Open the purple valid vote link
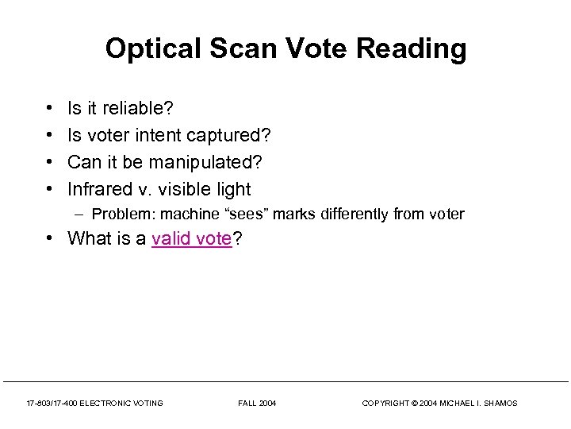191,238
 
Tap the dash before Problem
82,214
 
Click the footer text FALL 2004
257,404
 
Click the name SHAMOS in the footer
500,404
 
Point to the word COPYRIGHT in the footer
386,404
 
